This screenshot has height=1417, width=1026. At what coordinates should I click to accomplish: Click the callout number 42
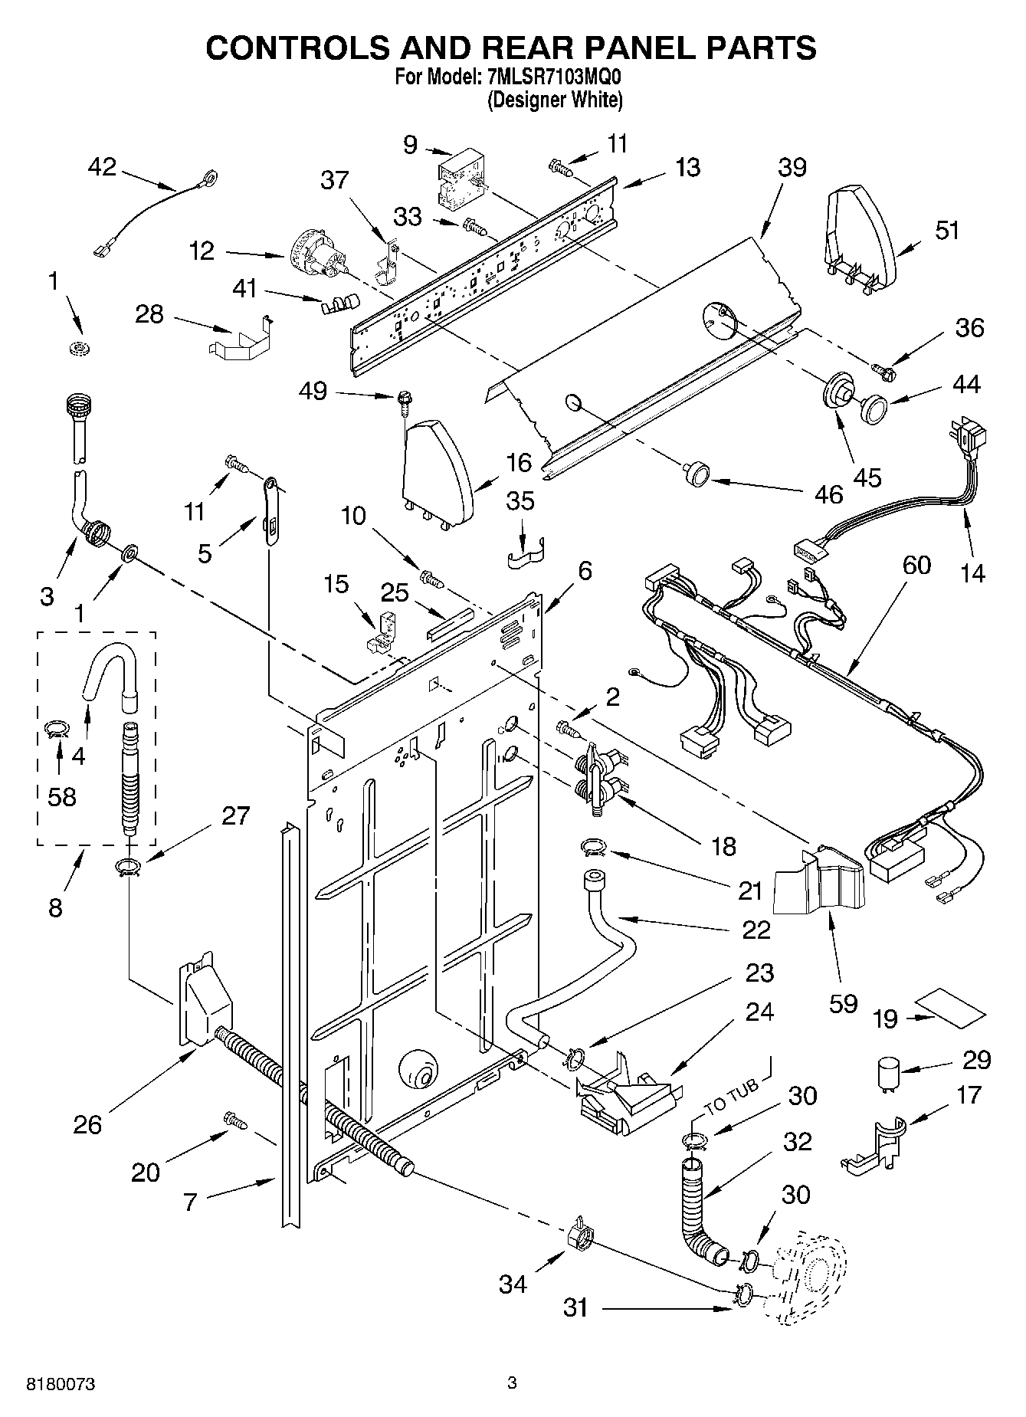point(101,166)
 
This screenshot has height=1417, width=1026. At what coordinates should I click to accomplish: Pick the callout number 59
point(843,1003)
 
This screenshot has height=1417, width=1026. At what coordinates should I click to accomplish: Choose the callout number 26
point(87,1124)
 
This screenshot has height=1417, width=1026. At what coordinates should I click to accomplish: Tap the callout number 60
point(916,566)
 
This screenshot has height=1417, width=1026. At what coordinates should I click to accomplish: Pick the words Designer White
point(556,100)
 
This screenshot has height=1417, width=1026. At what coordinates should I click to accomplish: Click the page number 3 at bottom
point(512,1383)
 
